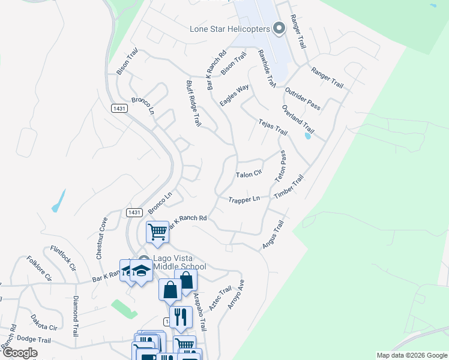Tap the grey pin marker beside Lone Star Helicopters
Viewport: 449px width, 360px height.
click(x=279, y=28)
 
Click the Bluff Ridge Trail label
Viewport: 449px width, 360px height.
click(x=193, y=104)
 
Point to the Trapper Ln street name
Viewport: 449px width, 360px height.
click(x=244, y=199)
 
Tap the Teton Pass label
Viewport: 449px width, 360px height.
click(x=280, y=167)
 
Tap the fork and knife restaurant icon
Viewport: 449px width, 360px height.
click(x=180, y=316)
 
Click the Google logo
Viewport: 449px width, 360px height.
click(x=20, y=352)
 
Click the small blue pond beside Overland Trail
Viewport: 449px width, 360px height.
click(x=308, y=136)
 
